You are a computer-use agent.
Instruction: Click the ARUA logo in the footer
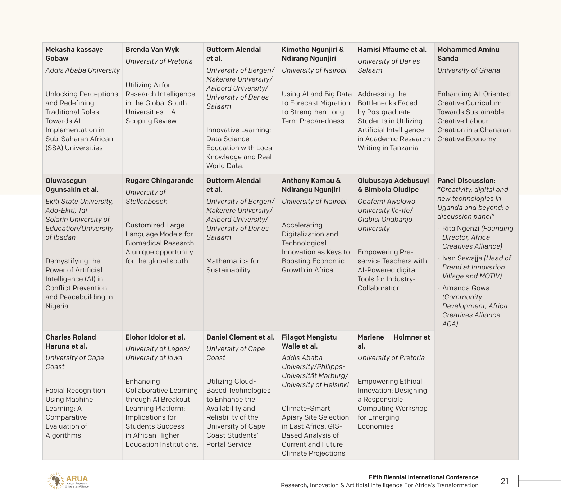click(68, 481)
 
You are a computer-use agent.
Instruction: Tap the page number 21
click(505, 481)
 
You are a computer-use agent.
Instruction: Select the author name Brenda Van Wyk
click(152, 50)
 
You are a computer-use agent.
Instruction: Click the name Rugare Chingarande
click(159, 181)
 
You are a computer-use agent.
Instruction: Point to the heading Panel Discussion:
click(466, 181)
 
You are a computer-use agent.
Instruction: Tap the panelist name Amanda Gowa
click(466, 288)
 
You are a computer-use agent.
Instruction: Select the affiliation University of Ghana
click(468, 70)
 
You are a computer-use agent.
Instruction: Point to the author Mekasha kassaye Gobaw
click(74, 54)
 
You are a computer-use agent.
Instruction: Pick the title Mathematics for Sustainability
click(232, 266)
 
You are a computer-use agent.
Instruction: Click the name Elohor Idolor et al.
click(155, 337)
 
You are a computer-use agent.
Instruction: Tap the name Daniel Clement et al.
click(240, 337)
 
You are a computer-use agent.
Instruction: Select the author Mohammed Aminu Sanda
click(468, 54)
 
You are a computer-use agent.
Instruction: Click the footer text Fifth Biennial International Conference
click(423, 477)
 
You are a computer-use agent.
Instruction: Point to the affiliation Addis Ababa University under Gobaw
click(82, 70)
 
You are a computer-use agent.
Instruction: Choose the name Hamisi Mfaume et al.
click(392, 50)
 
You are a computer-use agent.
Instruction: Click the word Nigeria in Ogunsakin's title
click(57, 306)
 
